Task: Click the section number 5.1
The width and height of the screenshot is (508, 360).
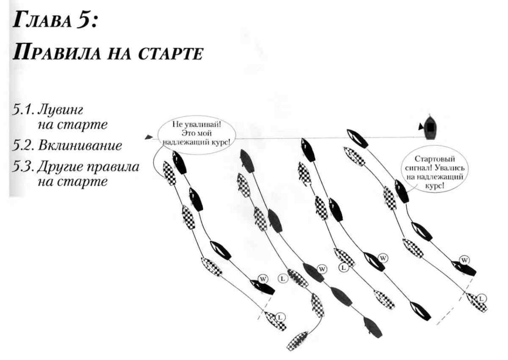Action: coord(23,110)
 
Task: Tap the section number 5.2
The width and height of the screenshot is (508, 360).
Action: coord(23,145)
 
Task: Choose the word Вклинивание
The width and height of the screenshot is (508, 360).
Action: coord(80,145)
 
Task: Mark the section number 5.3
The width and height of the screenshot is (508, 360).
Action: coord(23,167)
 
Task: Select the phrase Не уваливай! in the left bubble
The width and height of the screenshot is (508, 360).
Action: coord(197,124)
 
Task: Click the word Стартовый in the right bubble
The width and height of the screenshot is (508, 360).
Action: coord(435,159)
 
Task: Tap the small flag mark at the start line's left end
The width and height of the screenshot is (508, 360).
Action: coord(149,137)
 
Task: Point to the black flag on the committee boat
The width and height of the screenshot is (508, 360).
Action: coord(420,127)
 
